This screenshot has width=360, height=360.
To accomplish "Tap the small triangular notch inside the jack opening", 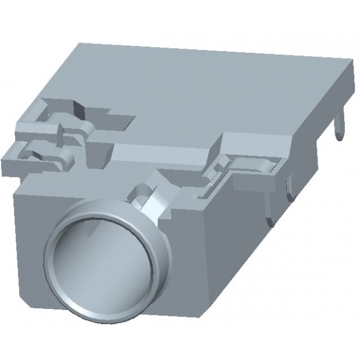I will pyautogui.click(x=89, y=232).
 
